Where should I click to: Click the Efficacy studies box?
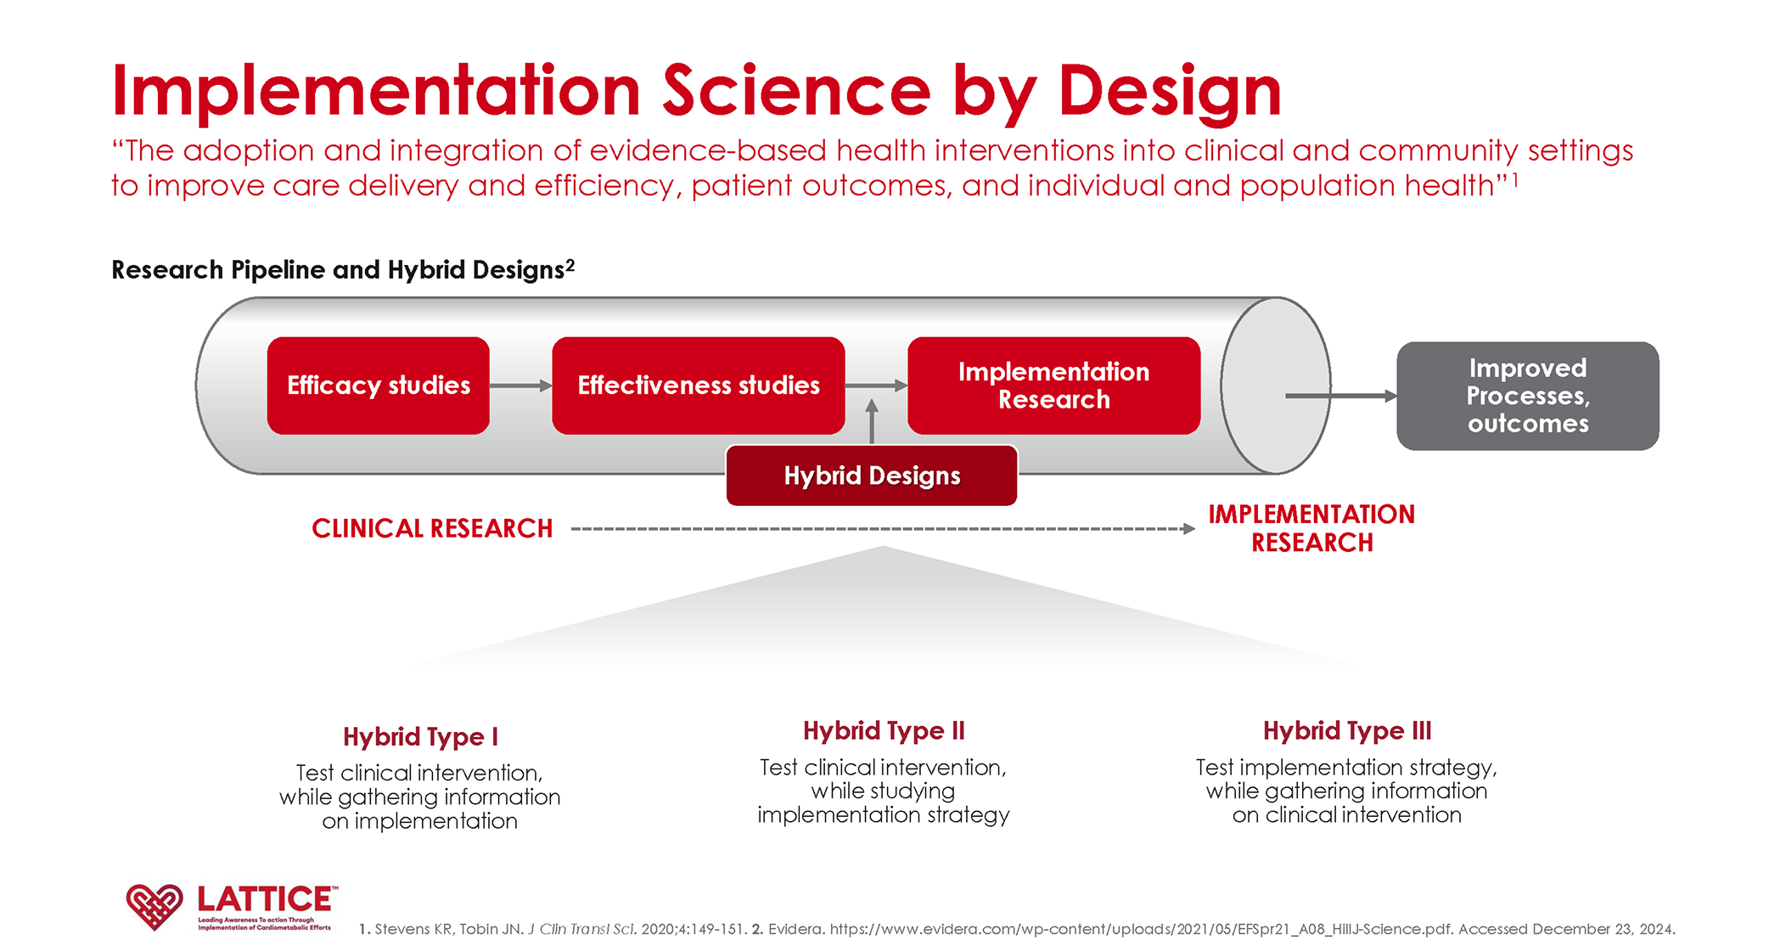[x=378, y=386]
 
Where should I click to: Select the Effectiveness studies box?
[x=698, y=386]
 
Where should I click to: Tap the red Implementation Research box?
[x=1053, y=386]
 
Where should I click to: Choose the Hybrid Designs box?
[x=872, y=476]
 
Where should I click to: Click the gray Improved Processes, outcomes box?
[x=1527, y=396]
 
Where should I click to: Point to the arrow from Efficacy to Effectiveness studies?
[x=520, y=386]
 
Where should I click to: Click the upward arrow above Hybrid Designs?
[x=872, y=420]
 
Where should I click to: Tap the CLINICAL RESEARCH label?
[x=432, y=528]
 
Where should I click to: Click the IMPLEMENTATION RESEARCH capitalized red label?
[x=1311, y=528]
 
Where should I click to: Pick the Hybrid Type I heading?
[x=420, y=736]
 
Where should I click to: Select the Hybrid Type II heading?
[x=884, y=730]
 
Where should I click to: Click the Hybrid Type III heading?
[x=1347, y=730]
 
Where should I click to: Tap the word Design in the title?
[x=1170, y=92]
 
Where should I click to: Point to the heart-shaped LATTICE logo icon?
[x=154, y=906]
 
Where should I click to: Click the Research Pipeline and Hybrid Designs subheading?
[x=343, y=270]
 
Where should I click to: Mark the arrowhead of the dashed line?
[x=1189, y=529]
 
